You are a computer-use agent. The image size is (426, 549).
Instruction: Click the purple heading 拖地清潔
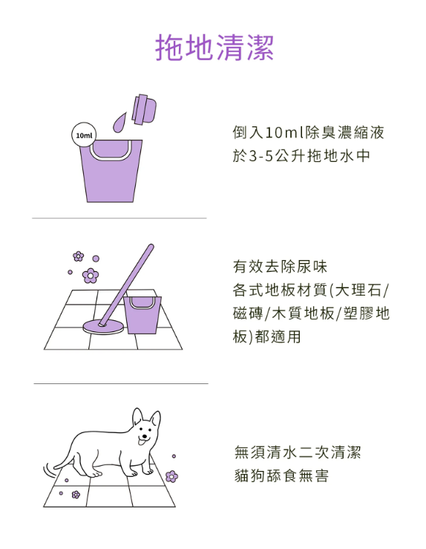[214, 48]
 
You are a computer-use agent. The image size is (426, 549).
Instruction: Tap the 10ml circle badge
[84, 134]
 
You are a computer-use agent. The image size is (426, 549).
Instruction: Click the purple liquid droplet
[119, 122]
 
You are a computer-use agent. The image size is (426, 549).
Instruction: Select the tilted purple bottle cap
[144, 109]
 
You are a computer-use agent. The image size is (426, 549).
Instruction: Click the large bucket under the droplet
[111, 171]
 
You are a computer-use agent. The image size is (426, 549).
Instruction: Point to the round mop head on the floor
[103, 326]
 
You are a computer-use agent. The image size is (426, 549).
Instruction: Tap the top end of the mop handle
[151, 247]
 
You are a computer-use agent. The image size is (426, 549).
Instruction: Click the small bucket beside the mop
[142, 315]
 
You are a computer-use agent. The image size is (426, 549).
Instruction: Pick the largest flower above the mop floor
[91, 276]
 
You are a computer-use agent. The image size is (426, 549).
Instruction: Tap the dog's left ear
[137, 417]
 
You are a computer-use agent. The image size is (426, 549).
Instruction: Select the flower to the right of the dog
[171, 476]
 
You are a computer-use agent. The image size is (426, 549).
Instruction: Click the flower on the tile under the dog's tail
[76, 494]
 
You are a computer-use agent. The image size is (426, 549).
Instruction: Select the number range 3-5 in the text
[260, 156]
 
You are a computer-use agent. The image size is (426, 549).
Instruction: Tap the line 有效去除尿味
[280, 267]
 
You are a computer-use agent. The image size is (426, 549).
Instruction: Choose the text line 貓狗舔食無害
[281, 475]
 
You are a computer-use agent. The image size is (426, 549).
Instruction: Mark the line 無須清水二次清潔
[298, 452]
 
